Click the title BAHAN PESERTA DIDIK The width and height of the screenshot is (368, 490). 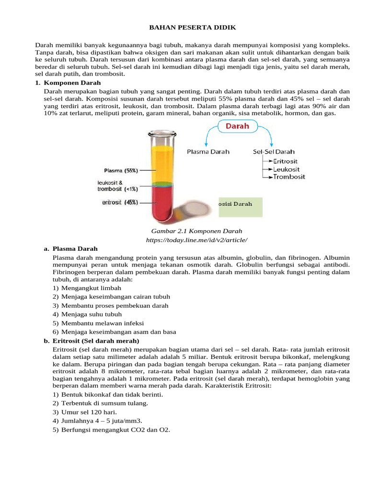[184, 28]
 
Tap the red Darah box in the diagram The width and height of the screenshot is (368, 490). [238, 127]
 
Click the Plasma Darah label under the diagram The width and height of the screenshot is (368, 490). [208, 152]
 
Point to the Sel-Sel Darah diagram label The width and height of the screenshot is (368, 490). [274, 152]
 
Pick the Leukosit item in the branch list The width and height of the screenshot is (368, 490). [287, 169]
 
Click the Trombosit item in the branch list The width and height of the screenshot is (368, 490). [289, 177]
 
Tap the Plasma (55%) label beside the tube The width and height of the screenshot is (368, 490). [121, 170]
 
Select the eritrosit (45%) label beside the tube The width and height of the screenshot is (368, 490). [120, 202]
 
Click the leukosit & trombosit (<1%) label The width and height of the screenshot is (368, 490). [117, 186]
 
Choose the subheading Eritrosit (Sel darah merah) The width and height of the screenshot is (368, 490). [95, 341]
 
